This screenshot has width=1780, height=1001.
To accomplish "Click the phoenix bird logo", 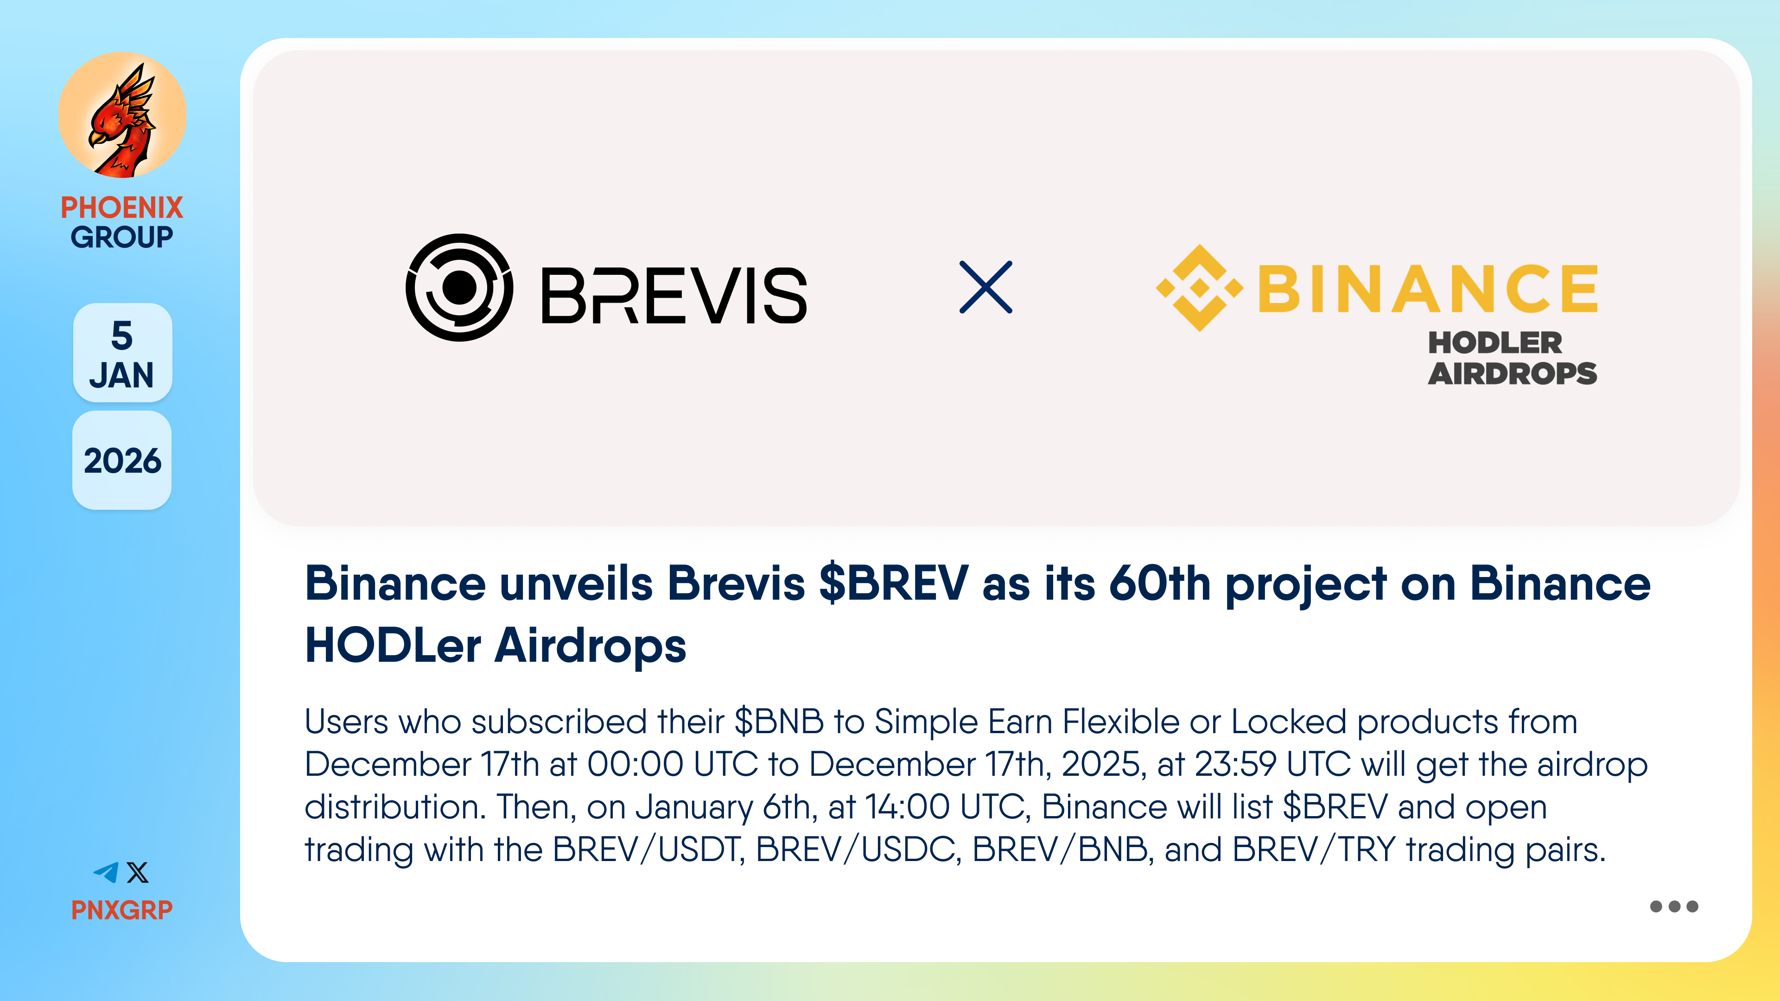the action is tap(122, 115).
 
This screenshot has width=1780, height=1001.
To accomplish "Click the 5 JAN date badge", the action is tap(122, 353).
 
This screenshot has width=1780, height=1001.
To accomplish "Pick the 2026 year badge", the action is tap(122, 461).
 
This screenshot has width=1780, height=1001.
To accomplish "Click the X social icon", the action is tap(138, 873).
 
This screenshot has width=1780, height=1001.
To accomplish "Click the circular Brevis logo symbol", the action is tap(459, 287).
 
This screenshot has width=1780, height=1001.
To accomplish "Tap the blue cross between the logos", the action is tap(986, 287).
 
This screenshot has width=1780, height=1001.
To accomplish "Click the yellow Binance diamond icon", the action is tap(1200, 287).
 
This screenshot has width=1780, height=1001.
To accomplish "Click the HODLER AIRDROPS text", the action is tap(1513, 358).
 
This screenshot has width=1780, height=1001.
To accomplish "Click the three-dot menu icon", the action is tap(1673, 906).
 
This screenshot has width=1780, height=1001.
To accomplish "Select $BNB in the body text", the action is tap(779, 722).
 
